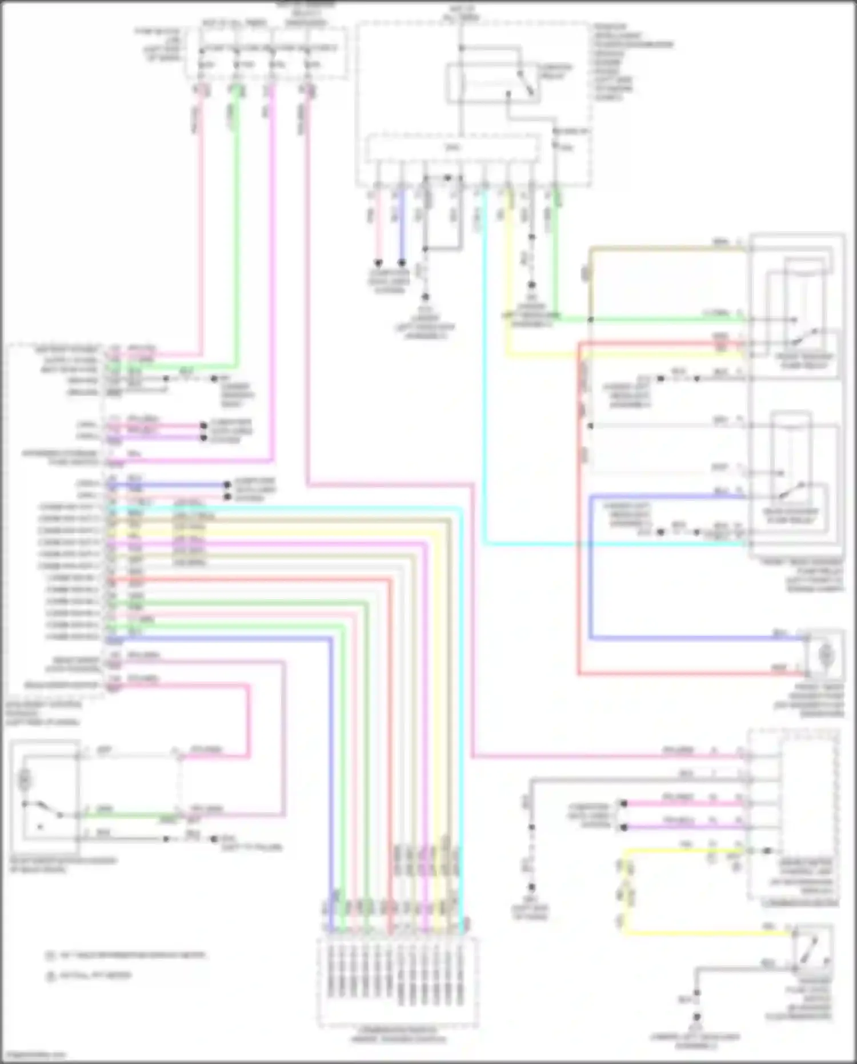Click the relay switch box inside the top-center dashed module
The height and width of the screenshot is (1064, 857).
pyautogui.click(x=492, y=83)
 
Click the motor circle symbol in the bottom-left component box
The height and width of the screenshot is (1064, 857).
pyautogui.click(x=26, y=779)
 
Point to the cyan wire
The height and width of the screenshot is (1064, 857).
pyautogui.click(x=485, y=400)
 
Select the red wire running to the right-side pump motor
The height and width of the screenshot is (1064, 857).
pyautogui.click(x=579, y=515)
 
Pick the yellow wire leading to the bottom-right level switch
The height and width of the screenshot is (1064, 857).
pyautogui.click(x=708, y=933)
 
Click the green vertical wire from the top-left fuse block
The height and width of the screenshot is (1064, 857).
pyautogui.click(x=235, y=229)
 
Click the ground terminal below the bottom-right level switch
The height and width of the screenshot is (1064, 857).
pyautogui.click(x=697, y=1017)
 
